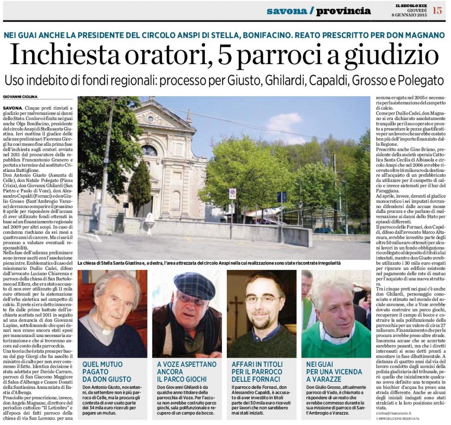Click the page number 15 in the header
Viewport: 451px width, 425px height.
437,10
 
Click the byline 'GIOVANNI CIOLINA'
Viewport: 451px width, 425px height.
20,97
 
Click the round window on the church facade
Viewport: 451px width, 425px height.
149,150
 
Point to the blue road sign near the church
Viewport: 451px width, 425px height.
282,197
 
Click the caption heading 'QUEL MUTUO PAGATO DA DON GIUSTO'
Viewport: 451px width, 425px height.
107,371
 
